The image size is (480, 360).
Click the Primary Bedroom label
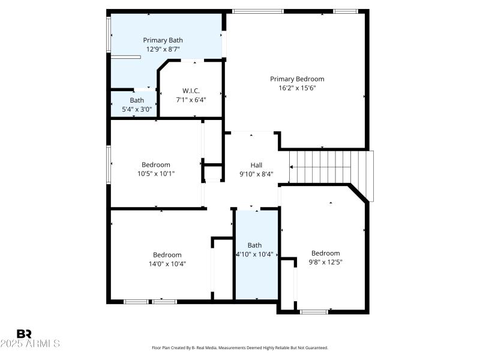tap(297, 79)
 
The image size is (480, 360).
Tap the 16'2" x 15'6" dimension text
tap(297, 88)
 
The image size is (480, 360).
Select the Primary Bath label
tap(163, 40)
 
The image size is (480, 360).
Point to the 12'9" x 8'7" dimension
tap(163, 49)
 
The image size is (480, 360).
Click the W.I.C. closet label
tap(191, 91)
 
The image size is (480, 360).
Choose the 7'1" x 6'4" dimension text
tap(191, 100)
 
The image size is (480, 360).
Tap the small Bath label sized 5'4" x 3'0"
tap(137, 100)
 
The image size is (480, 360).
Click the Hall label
tap(256, 164)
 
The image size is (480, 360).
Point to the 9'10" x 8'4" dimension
tap(256, 174)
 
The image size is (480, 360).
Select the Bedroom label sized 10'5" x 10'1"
tap(155, 164)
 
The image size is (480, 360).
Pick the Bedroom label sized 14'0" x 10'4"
tap(167, 254)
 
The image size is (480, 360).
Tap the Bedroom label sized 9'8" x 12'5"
tap(325, 253)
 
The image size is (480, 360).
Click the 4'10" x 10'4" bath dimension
tap(255, 254)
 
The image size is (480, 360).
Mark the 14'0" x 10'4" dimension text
tap(167, 263)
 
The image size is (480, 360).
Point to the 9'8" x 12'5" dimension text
tap(325, 262)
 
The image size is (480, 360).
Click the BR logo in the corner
tap(25, 334)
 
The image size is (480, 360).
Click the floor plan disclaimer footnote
tap(240, 347)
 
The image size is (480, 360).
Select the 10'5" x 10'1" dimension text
tap(155, 174)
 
